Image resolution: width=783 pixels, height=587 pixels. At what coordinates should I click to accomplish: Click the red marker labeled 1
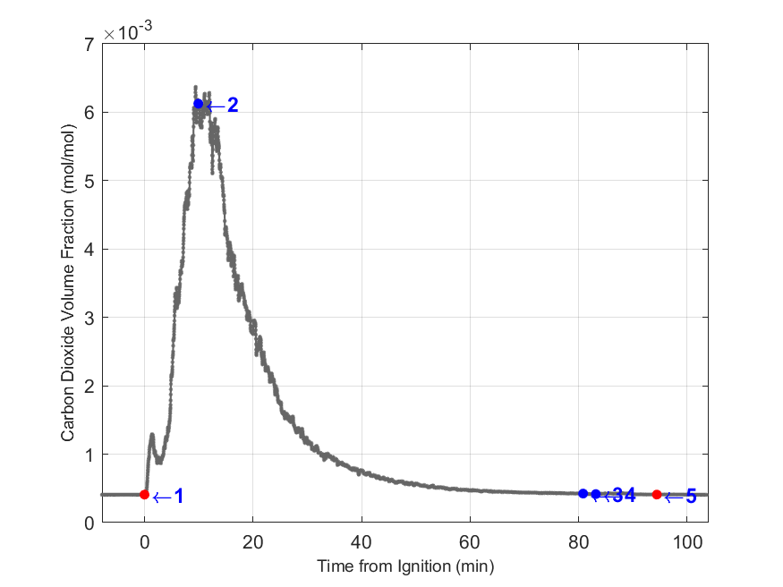click(x=145, y=494)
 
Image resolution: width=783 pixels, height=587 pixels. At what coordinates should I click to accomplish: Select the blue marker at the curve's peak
click(x=199, y=104)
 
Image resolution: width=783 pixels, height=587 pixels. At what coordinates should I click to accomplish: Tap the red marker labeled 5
click(x=657, y=494)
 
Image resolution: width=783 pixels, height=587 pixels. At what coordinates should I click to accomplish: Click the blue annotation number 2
click(x=233, y=106)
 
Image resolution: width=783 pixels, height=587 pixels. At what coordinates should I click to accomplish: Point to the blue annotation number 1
click(x=178, y=497)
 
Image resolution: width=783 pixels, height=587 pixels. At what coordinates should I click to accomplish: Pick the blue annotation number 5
click(x=691, y=497)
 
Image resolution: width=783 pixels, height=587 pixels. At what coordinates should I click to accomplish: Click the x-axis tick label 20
click(x=253, y=541)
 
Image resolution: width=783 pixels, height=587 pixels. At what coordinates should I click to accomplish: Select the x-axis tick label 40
click(x=362, y=541)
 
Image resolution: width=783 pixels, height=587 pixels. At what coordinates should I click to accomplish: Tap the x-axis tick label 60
click(x=470, y=541)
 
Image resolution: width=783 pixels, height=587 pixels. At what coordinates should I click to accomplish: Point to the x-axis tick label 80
click(x=578, y=541)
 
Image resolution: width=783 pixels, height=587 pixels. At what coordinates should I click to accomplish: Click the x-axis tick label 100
click(x=686, y=541)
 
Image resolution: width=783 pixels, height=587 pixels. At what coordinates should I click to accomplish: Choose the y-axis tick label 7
click(x=89, y=44)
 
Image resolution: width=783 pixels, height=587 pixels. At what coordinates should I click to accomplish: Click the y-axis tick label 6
click(x=89, y=113)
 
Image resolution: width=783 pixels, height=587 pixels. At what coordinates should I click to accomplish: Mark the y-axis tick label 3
click(x=89, y=318)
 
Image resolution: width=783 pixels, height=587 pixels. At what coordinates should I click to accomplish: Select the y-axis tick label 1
click(x=89, y=455)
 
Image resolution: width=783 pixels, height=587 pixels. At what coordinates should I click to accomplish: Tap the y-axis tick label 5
click(x=89, y=181)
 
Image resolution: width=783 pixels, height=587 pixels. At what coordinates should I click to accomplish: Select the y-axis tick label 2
click(x=89, y=387)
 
